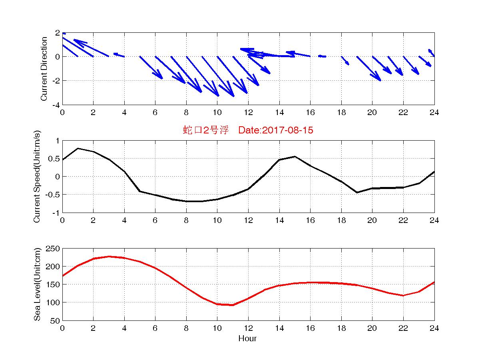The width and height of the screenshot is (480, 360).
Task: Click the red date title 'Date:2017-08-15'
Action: (x=276, y=130)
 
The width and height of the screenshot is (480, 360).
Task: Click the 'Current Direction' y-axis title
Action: (x=44, y=69)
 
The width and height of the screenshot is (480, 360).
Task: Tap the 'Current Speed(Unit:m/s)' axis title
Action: (x=37, y=176)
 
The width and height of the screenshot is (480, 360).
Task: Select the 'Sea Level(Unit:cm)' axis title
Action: (x=37, y=284)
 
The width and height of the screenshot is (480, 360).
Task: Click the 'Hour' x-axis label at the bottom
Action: (x=247, y=338)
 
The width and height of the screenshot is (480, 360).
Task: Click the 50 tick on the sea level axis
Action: (x=55, y=320)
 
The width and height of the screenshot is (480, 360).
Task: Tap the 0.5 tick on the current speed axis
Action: (x=54, y=159)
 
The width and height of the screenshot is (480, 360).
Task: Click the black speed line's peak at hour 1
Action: (x=78, y=148)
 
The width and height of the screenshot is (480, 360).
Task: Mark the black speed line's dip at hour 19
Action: (x=357, y=192)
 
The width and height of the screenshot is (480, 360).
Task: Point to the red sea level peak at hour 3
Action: (x=109, y=257)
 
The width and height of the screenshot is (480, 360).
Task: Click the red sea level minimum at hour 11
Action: (x=233, y=305)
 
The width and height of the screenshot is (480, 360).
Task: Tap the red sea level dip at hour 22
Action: (x=403, y=296)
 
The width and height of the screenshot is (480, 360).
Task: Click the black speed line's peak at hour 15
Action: (x=295, y=156)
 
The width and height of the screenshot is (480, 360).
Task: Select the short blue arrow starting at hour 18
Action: (x=345, y=60)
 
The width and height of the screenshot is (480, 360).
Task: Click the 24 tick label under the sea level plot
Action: (x=434, y=328)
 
